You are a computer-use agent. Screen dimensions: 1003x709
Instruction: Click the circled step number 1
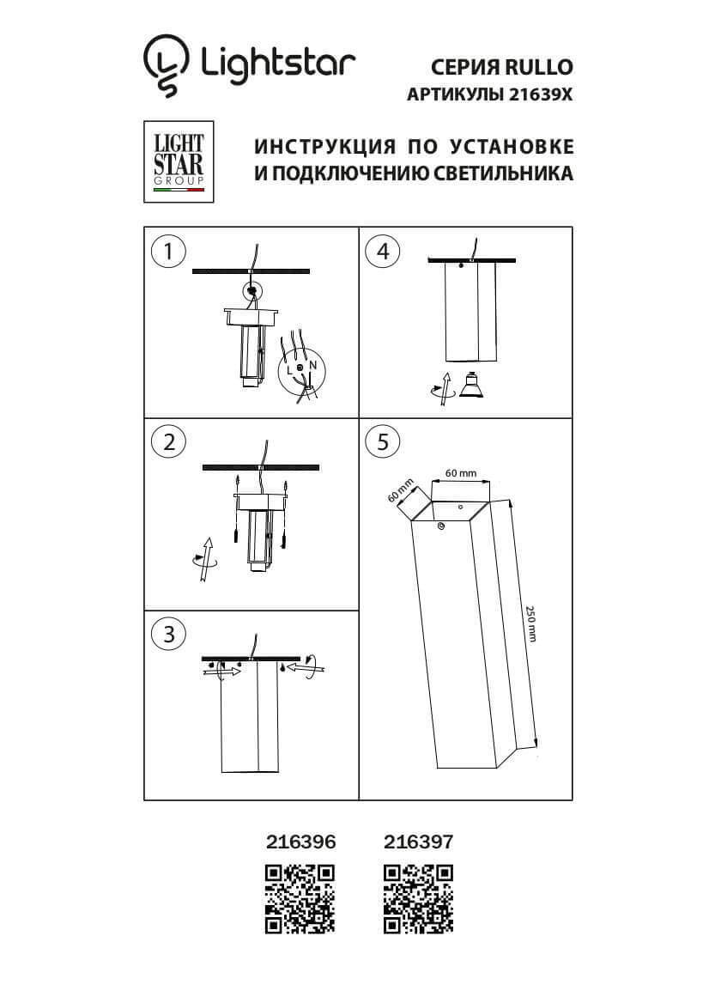168,252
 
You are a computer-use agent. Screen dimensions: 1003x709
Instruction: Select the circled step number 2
168,441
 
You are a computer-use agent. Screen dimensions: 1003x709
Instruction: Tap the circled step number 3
168,634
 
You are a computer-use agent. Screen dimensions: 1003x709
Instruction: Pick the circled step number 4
383,252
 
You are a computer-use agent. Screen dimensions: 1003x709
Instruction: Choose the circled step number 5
383,441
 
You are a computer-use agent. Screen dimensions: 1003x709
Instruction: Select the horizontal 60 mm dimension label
460,473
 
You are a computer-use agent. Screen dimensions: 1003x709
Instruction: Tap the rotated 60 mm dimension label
400,489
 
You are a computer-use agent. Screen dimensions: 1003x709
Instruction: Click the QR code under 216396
300,898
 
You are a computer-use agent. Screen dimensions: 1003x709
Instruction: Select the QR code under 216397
418,898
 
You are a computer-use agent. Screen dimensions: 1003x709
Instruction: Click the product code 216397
418,843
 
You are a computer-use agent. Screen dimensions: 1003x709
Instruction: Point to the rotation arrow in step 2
205,560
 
